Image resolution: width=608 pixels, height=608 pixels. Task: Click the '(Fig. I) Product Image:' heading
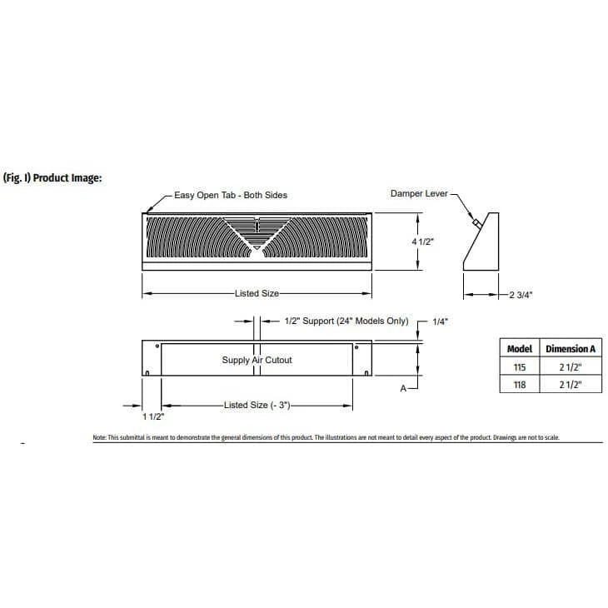(53, 177)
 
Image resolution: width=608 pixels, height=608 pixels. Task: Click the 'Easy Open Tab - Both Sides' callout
(230, 195)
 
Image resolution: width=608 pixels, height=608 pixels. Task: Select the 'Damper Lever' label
(418, 194)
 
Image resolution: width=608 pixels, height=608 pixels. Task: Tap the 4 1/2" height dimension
(424, 240)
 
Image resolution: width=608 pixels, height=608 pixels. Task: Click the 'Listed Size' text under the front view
(257, 294)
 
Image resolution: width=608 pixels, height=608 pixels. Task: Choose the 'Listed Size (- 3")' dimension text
(257, 405)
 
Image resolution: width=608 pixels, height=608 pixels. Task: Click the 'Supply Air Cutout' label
(257, 360)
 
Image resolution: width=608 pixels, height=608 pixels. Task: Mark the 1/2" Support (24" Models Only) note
(346, 321)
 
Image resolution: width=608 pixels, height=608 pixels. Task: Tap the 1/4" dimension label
(441, 321)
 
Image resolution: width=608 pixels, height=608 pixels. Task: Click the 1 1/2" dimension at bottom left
(152, 416)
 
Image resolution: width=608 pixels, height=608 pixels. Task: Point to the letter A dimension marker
(403, 387)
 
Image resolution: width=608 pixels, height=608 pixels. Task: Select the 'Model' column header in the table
(520, 348)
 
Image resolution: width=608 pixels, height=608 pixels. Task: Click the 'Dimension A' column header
(571, 348)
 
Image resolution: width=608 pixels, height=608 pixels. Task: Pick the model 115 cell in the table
(520, 366)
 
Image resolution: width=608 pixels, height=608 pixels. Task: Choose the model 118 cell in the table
(520, 385)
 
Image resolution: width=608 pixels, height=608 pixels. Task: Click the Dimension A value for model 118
(571, 385)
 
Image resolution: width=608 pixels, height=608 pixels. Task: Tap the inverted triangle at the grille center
(257, 247)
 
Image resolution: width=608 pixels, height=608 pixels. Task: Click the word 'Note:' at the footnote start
(100, 437)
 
